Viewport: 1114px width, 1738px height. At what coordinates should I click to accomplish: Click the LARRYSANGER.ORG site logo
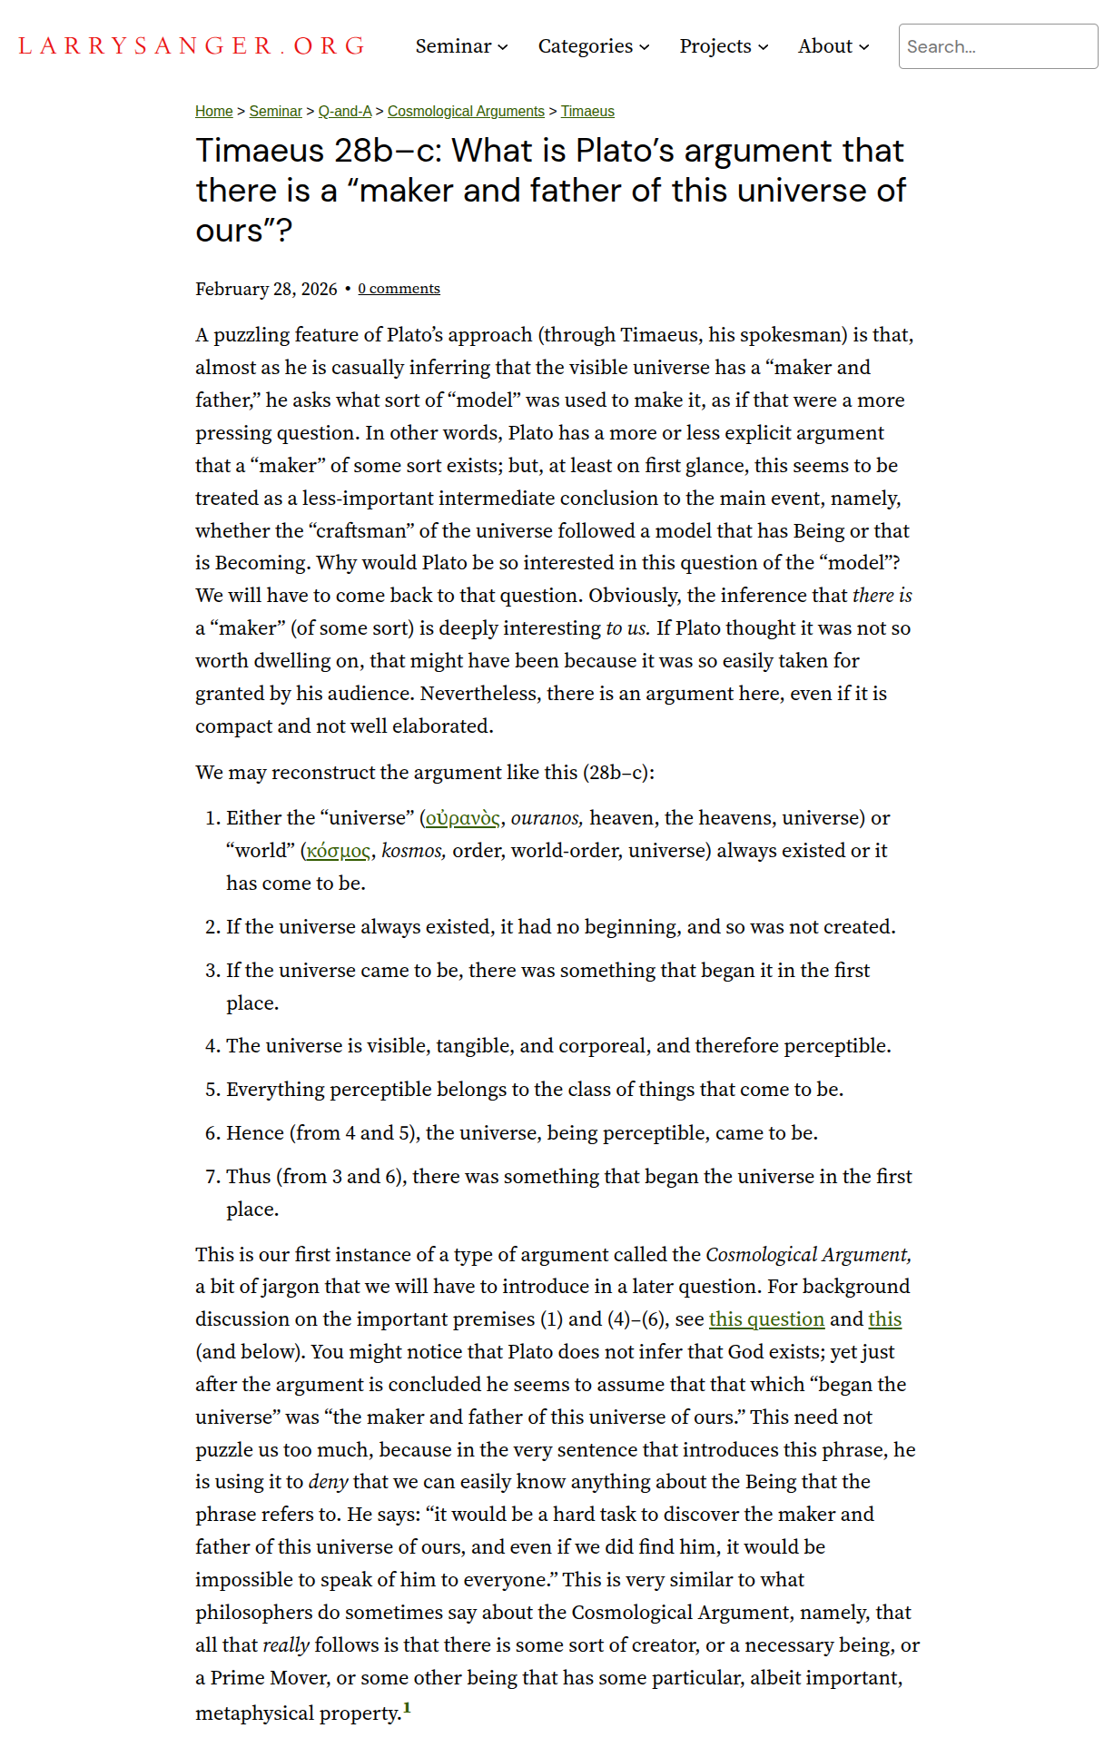tap(192, 46)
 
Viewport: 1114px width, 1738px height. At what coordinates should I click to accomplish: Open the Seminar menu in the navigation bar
tap(461, 46)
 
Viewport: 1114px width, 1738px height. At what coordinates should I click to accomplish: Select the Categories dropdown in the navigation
tap(593, 46)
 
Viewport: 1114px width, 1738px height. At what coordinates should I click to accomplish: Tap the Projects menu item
tap(724, 46)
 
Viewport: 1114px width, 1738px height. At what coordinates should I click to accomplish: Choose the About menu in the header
tap(833, 46)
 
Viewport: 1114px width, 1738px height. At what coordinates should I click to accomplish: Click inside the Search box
tap(997, 46)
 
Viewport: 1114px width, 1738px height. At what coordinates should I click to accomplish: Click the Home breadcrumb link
tap(214, 111)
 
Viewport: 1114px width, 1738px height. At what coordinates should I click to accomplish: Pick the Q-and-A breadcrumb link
tap(345, 111)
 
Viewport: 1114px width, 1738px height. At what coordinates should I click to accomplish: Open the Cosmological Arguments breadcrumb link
tap(466, 111)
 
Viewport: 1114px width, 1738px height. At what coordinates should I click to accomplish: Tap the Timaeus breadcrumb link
tap(587, 111)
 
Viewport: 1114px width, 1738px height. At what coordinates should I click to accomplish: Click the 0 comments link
tap(399, 289)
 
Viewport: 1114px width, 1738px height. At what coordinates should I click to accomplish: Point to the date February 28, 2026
tap(266, 289)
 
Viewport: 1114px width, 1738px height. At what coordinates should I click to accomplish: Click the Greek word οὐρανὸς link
tap(463, 818)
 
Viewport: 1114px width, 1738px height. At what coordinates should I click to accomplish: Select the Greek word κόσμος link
tap(339, 851)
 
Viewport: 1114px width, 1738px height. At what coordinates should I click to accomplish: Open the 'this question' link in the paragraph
tap(766, 1319)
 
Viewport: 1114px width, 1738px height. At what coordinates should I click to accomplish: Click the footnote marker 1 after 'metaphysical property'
tap(407, 1708)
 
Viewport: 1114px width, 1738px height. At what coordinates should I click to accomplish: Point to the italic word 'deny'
tap(328, 1482)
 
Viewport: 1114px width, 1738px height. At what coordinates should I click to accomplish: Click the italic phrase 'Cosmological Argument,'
tap(808, 1255)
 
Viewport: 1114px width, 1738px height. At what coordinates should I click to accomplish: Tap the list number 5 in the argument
tap(212, 1090)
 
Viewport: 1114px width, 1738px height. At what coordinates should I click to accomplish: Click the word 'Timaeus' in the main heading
tap(260, 151)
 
